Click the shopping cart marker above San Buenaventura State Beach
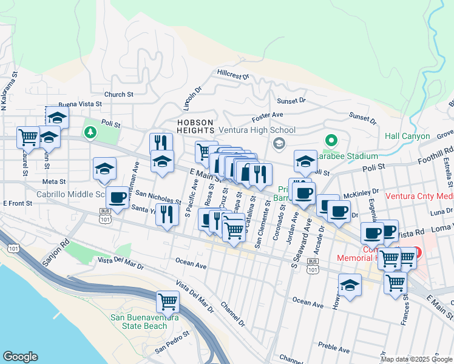click(x=168, y=301)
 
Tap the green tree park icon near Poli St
click(x=90, y=132)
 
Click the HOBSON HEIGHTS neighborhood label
click(x=195, y=126)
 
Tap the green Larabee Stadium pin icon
click(x=331, y=140)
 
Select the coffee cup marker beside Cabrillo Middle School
click(x=117, y=197)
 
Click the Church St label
click(x=118, y=95)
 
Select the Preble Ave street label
click(x=334, y=349)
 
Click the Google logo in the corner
click(x=20, y=357)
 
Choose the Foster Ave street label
click(x=268, y=115)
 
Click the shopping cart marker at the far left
click(x=28, y=137)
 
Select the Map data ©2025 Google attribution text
click(x=416, y=359)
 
